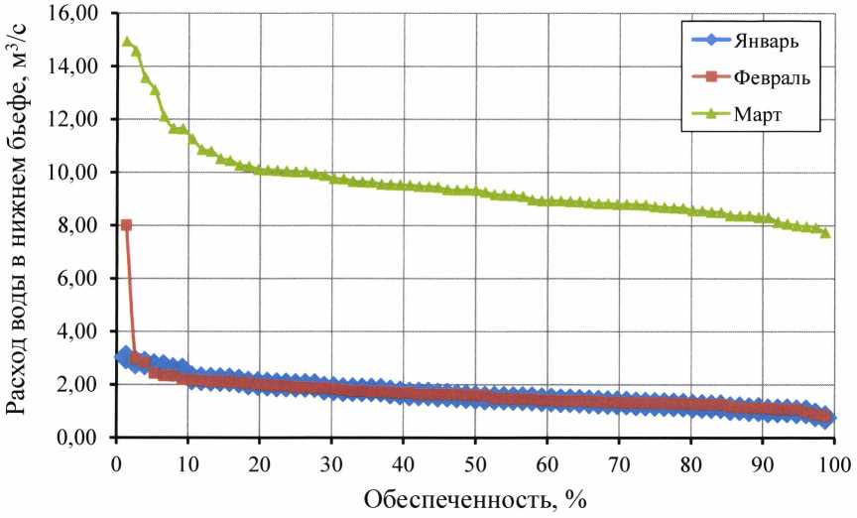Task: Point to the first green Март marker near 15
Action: coord(126,42)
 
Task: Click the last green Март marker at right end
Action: coord(825,232)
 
